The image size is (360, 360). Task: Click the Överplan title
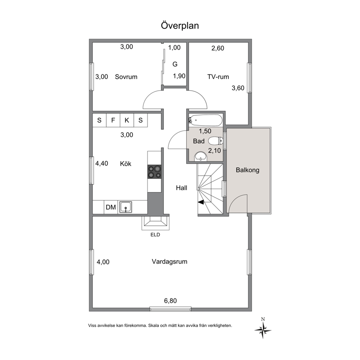tap(180, 25)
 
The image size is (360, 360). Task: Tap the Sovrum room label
tap(126, 77)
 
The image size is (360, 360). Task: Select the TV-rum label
tap(218, 77)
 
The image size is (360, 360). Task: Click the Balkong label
tap(247, 170)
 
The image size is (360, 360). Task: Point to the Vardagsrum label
tap(169, 262)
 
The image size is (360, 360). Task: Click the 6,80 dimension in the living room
tap(170, 300)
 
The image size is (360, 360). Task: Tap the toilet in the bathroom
tap(216, 141)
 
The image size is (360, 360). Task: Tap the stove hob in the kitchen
tap(154, 172)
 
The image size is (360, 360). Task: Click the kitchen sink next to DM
tap(125, 207)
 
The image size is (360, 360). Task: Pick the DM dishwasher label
tap(111, 207)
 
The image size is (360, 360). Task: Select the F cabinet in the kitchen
tap(113, 120)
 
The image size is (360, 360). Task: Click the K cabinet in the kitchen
tap(127, 120)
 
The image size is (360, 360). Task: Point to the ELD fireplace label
tap(155, 235)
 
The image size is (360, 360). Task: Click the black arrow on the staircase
tap(201, 202)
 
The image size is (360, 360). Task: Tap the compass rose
tap(263, 330)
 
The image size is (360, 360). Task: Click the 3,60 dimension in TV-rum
tap(238, 88)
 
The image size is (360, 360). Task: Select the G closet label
tap(175, 64)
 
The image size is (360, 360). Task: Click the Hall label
tap(181, 188)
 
